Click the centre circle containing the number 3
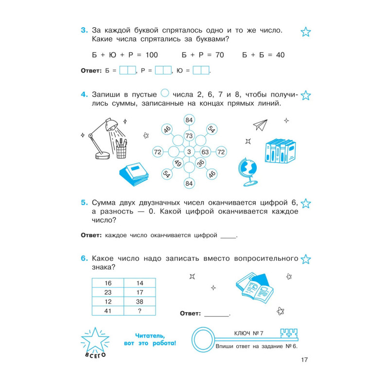[189, 152]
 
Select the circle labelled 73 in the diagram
[189, 135]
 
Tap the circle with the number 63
[205, 152]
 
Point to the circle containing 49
[178, 163]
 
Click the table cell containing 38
[140, 301]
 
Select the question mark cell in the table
[140, 311]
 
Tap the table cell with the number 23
[108, 292]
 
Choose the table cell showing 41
[108, 311]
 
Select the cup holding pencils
[122, 149]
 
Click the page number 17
[304, 360]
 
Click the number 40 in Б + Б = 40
[280, 55]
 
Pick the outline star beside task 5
[306, 203]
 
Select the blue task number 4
[83, 94]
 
